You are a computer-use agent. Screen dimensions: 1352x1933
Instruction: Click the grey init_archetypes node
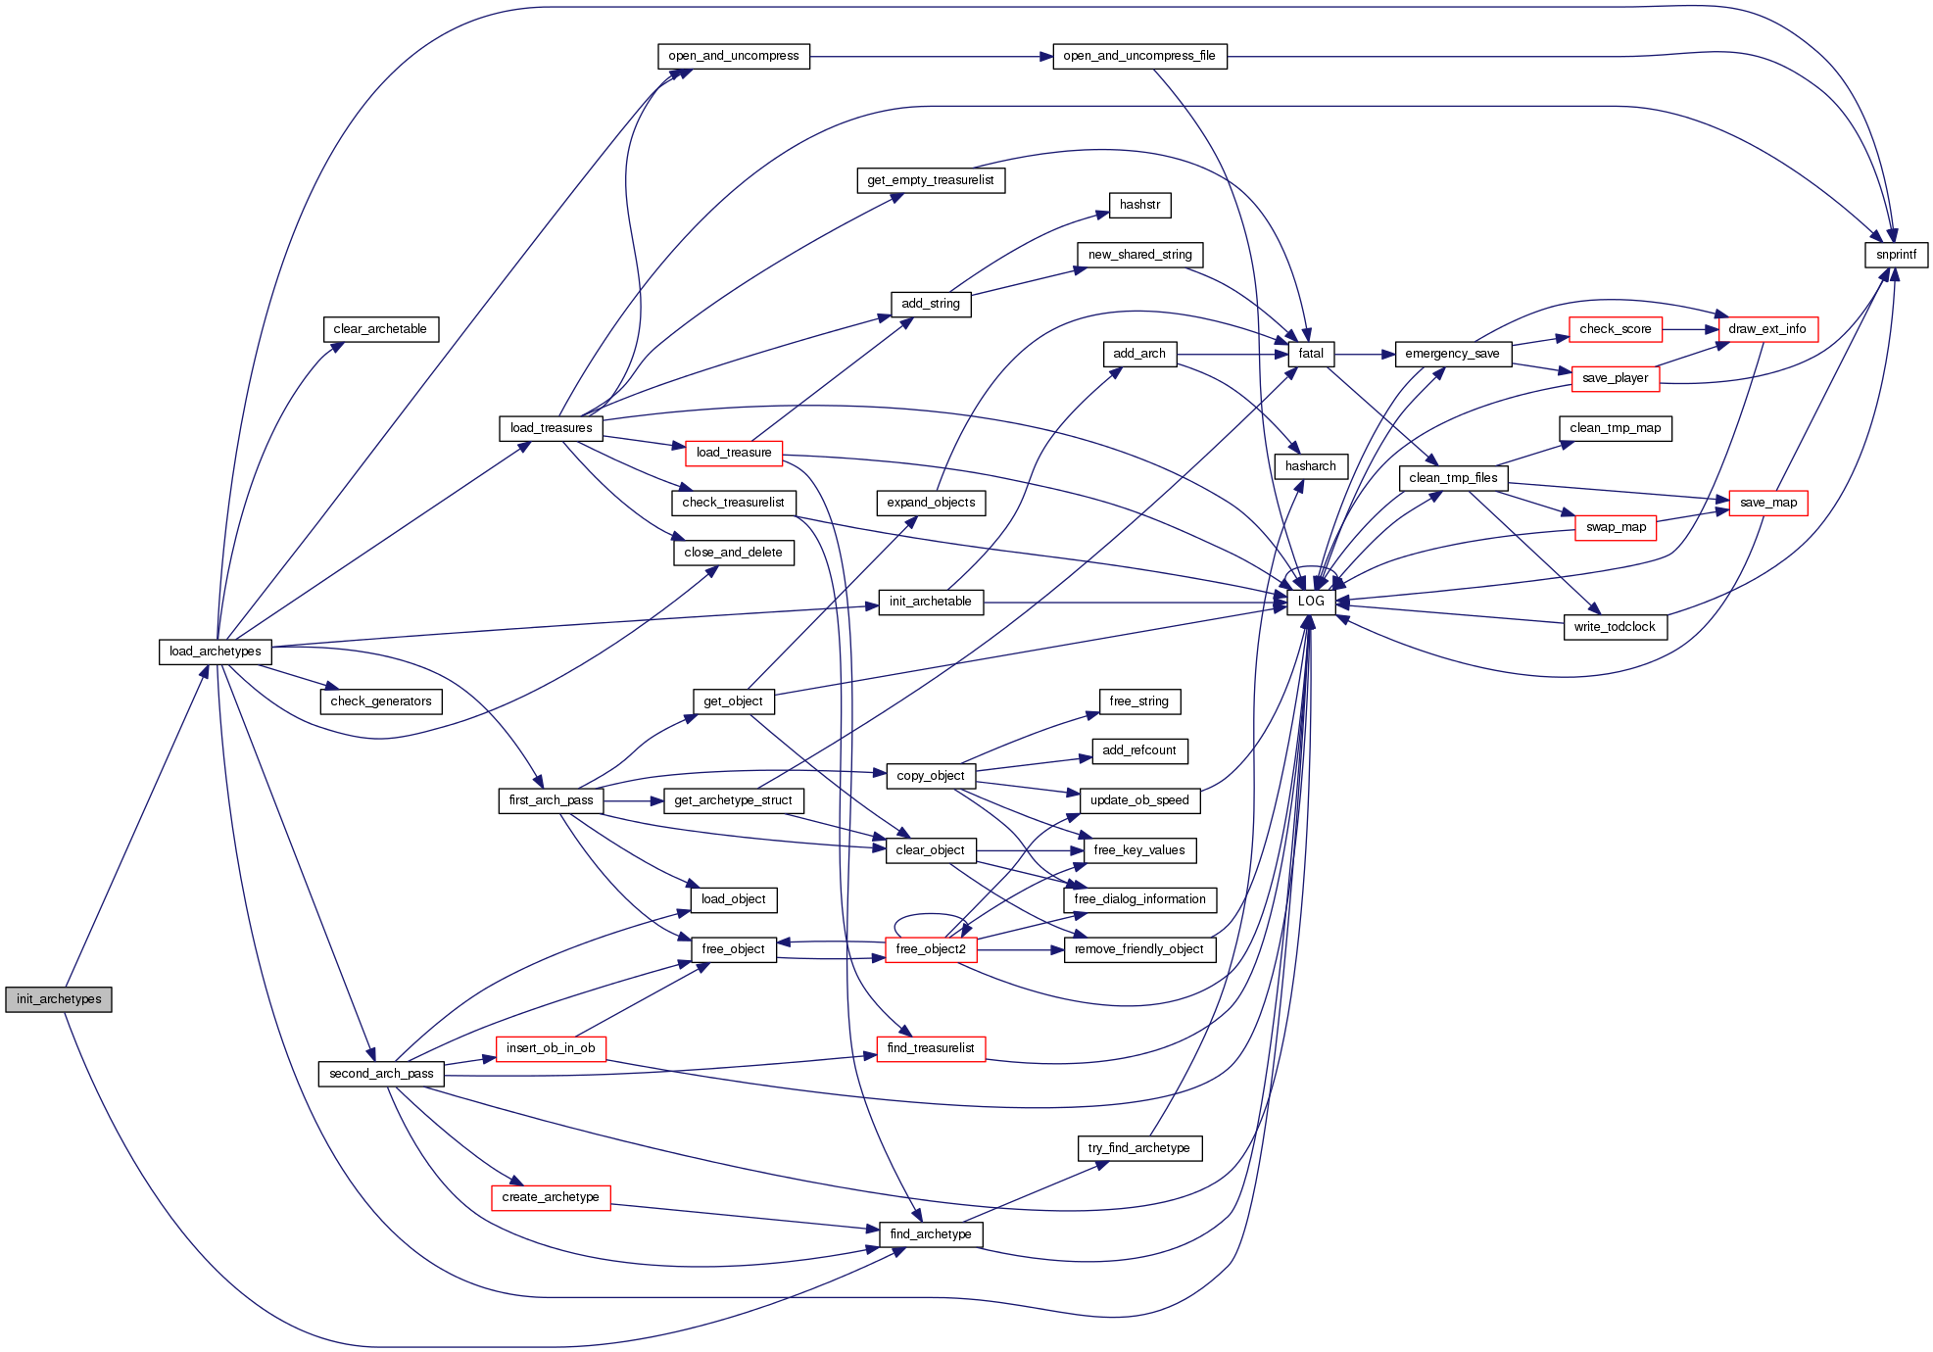click(x=59, y=999)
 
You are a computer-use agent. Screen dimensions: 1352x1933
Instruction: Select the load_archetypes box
click(x=215, y=652)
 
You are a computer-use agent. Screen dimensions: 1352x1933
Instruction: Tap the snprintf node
click(x=1896, y=255)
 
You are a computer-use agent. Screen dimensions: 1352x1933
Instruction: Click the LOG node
click(x=1311, y=602)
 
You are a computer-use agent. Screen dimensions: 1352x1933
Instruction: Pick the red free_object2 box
click(x=930, y=949)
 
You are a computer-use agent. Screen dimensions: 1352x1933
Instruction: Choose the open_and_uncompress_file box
click(x=1139, y=56)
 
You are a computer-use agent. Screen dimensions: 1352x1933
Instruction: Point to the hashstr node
click(x=1139, y=205)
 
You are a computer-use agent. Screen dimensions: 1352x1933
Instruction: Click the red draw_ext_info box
click(x=1767, y=329)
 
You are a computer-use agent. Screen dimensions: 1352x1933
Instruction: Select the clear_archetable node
click(x=380, y=329)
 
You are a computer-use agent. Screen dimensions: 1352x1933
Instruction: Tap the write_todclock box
click(x=1615, y=627)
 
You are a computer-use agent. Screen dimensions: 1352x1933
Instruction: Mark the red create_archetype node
click(x=551, y=1197)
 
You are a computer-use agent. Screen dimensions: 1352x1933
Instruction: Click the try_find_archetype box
click(x=1139, y=1148)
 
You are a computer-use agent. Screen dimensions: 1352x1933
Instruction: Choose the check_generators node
click(x=381, y=701)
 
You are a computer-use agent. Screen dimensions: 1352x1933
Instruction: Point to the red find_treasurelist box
click(x=930, y=1048)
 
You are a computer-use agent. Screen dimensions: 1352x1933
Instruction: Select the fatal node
click(x=1311, y=354)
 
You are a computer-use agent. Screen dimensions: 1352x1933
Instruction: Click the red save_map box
click(x=1767, y=503)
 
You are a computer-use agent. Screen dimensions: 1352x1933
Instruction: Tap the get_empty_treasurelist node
click(x=931, y=180)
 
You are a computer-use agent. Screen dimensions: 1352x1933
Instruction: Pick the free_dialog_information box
click(x=1139, y=899)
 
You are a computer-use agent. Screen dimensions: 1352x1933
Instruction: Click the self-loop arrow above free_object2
click(x=927, y=915)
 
